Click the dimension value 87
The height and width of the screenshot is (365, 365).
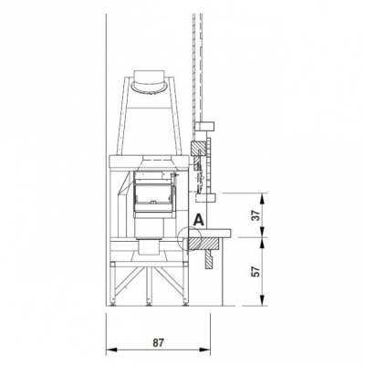pos(158,343)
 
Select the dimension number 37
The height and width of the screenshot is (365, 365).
pos(257,215)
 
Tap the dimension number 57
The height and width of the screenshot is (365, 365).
pos(257,271)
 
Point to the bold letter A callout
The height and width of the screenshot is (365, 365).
pos(199,220)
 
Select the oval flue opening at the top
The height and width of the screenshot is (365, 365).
pos(149,86)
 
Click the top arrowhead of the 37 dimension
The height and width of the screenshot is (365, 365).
pos(263,199)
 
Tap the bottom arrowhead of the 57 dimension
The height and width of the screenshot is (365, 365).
pos(263,300)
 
